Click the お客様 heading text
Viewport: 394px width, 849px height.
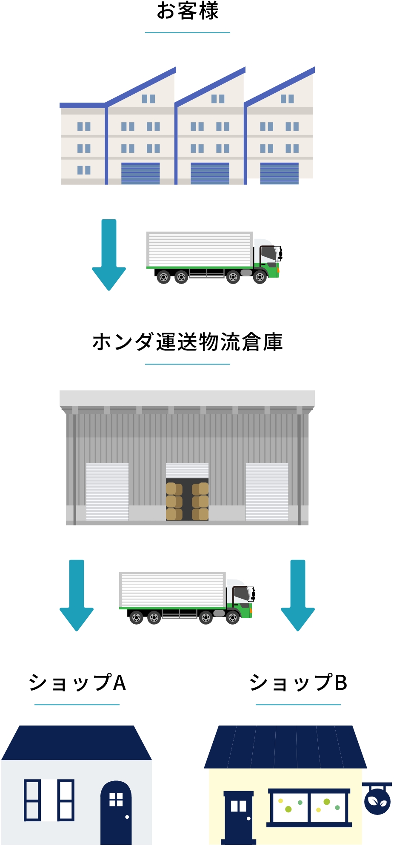point(187,11)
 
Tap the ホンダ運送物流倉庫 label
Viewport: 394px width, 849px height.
point(187,342)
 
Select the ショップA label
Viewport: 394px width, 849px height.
point(77,683)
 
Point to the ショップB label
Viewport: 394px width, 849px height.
point(298,683)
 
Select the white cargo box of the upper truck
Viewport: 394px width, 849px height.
point(199,249)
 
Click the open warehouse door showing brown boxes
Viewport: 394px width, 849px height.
point(187,498)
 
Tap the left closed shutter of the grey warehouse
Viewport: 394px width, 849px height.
point(107,492)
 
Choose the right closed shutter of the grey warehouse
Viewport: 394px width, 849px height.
point(267,492)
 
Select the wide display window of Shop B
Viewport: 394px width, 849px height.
point(309,807)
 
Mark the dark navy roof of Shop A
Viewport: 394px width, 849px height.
point(77,743)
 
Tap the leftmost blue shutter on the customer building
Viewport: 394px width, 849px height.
point(140,173)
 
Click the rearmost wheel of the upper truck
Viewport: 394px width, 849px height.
point(163,278)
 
